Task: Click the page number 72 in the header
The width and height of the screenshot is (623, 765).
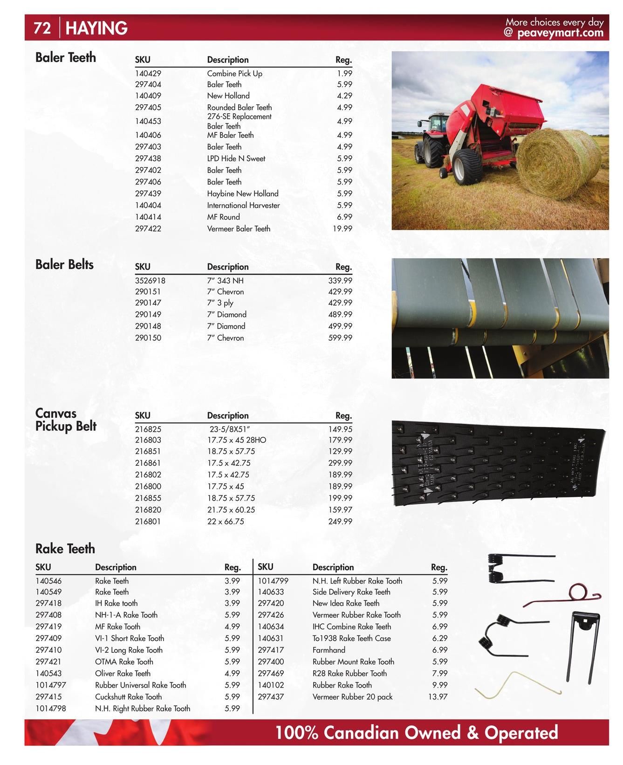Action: point(42,28)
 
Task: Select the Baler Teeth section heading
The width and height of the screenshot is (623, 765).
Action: point(66,57)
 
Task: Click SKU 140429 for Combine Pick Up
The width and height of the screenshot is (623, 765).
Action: point(148,73)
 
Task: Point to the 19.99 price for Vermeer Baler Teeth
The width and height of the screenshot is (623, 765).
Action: point(342,228)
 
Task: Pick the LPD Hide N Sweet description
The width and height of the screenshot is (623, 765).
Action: point(236,159)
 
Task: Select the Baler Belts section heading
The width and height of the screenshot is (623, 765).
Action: point(64,264)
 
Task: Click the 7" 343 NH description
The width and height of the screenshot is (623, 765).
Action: point(226,281)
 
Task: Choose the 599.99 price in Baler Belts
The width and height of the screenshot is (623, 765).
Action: point(340,338)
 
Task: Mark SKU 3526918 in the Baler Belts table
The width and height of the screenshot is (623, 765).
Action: point(150,281)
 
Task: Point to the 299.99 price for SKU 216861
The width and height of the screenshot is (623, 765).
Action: point(340,463)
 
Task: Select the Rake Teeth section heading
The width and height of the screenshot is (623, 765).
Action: point(65,549)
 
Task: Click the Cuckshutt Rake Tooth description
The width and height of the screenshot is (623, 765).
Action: point(129,696)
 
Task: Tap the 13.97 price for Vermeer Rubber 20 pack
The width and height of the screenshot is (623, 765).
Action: point(438,696)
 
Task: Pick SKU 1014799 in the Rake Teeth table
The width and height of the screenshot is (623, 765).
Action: point(273,581)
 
